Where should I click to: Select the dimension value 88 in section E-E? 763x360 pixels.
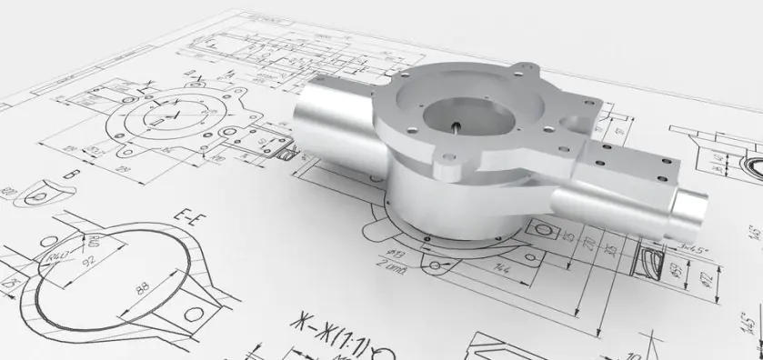point(141,290)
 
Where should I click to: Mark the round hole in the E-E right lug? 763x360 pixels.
point(195,315)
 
